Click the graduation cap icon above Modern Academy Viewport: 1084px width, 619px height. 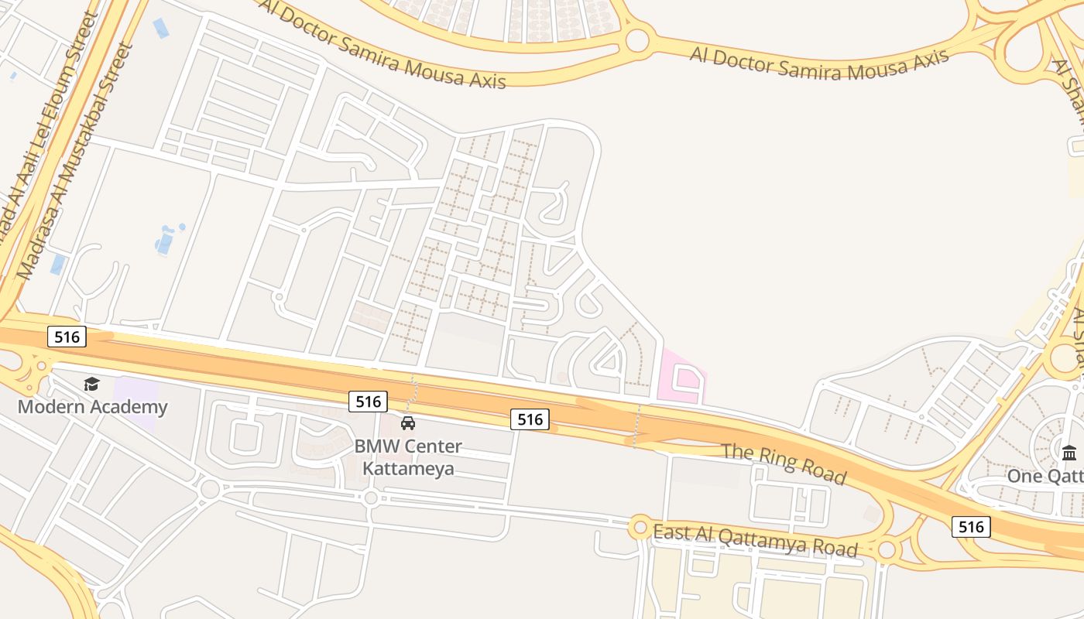tap(92, 384)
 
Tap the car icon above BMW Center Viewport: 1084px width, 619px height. tap(408, 422)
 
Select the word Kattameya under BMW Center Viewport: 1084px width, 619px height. tap(408, 469)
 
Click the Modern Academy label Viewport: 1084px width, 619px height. tap(92, 407)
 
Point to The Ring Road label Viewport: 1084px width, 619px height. tap(784, 463)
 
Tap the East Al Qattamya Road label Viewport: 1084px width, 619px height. tap(755, 540)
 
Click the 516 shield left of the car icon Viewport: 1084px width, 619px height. tap(368, 402)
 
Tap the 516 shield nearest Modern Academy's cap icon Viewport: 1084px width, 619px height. tap(67, 337)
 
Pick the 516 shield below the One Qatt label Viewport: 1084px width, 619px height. tap(971, 527)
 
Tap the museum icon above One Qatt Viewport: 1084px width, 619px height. tap(1069, 453)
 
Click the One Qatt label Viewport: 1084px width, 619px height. tap(1045, 476)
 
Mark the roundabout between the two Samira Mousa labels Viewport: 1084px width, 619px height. tap(637, 39)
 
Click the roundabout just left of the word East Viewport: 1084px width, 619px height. tap(640, 528)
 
